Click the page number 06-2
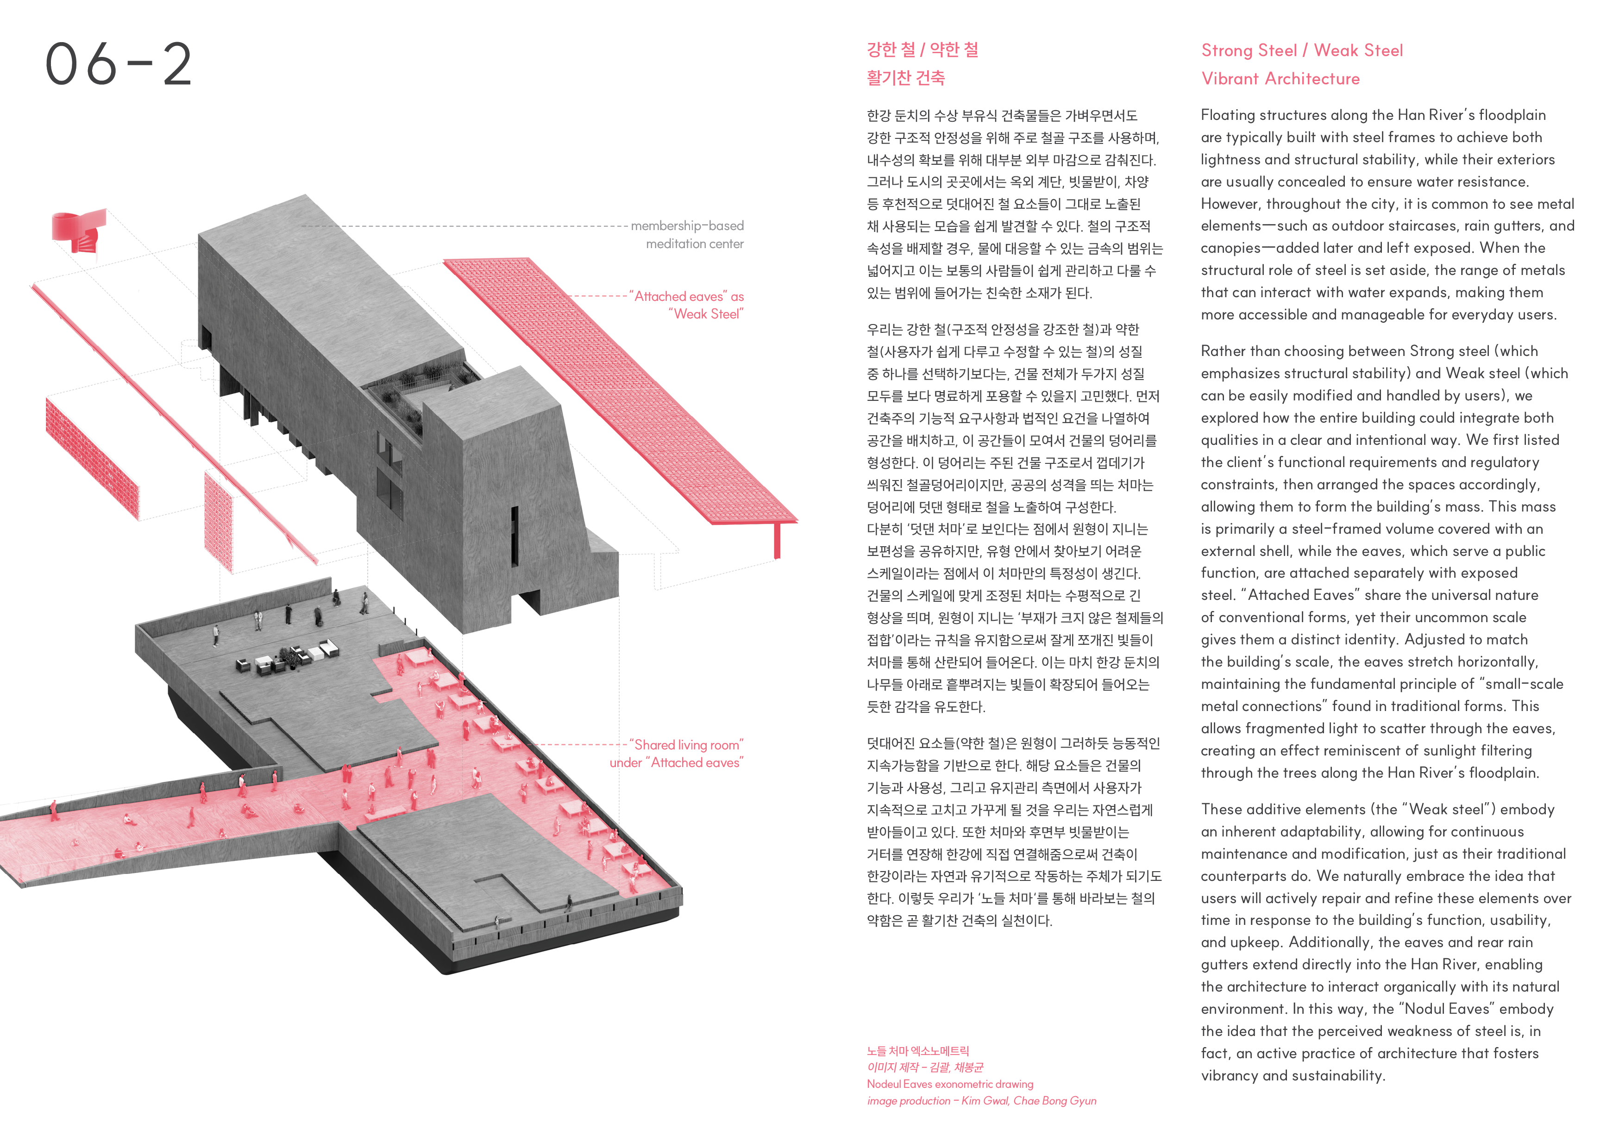tap(119, 63)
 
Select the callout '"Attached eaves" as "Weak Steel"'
tap(688, 305)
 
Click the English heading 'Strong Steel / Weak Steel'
tap(1302, 50)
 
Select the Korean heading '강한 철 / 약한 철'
tap(922, 50)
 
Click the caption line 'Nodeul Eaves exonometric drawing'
tap(949, 1084)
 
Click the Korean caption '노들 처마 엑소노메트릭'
tap(918, 1050)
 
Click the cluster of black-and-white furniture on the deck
tap(289, 657)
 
